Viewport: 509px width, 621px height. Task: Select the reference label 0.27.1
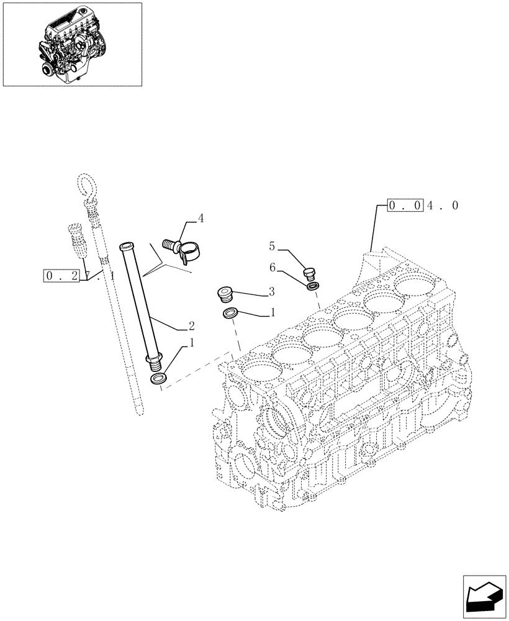(79, 275)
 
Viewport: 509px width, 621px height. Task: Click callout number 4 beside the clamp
(200, 219)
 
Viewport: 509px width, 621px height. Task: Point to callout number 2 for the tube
(191, 325)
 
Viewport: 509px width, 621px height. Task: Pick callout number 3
(271, 291)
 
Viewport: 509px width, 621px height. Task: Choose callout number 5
(271, 247)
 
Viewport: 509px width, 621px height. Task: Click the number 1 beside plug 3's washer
(271, 314)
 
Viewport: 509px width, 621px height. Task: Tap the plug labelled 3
(223, 293)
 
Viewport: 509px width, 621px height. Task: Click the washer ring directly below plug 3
(230, 312)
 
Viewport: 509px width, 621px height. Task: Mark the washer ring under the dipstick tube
(159, 379)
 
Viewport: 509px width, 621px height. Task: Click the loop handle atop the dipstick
(85, 186)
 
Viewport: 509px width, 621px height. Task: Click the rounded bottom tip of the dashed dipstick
(142, 412)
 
